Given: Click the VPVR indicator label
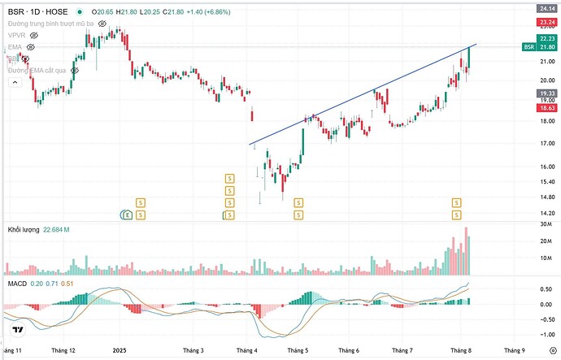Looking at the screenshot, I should [x=17, y=36].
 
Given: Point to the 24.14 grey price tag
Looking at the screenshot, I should [x=546, y=8].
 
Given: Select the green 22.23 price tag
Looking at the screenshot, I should [x=546, y=39].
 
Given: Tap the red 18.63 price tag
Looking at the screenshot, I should [x=546, y=107].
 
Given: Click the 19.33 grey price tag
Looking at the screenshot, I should [x=546, y=93].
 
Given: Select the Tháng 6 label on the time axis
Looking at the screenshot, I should [x=352, y=349].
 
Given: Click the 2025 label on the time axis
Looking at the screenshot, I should [x=120, y=349].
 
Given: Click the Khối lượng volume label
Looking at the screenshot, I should [x=24, y=230].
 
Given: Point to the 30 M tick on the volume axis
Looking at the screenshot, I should [x=546, y=223].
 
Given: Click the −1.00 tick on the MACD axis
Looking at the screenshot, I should [x=546, y=334].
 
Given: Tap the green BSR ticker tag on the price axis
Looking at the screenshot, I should [x=529, y=48].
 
